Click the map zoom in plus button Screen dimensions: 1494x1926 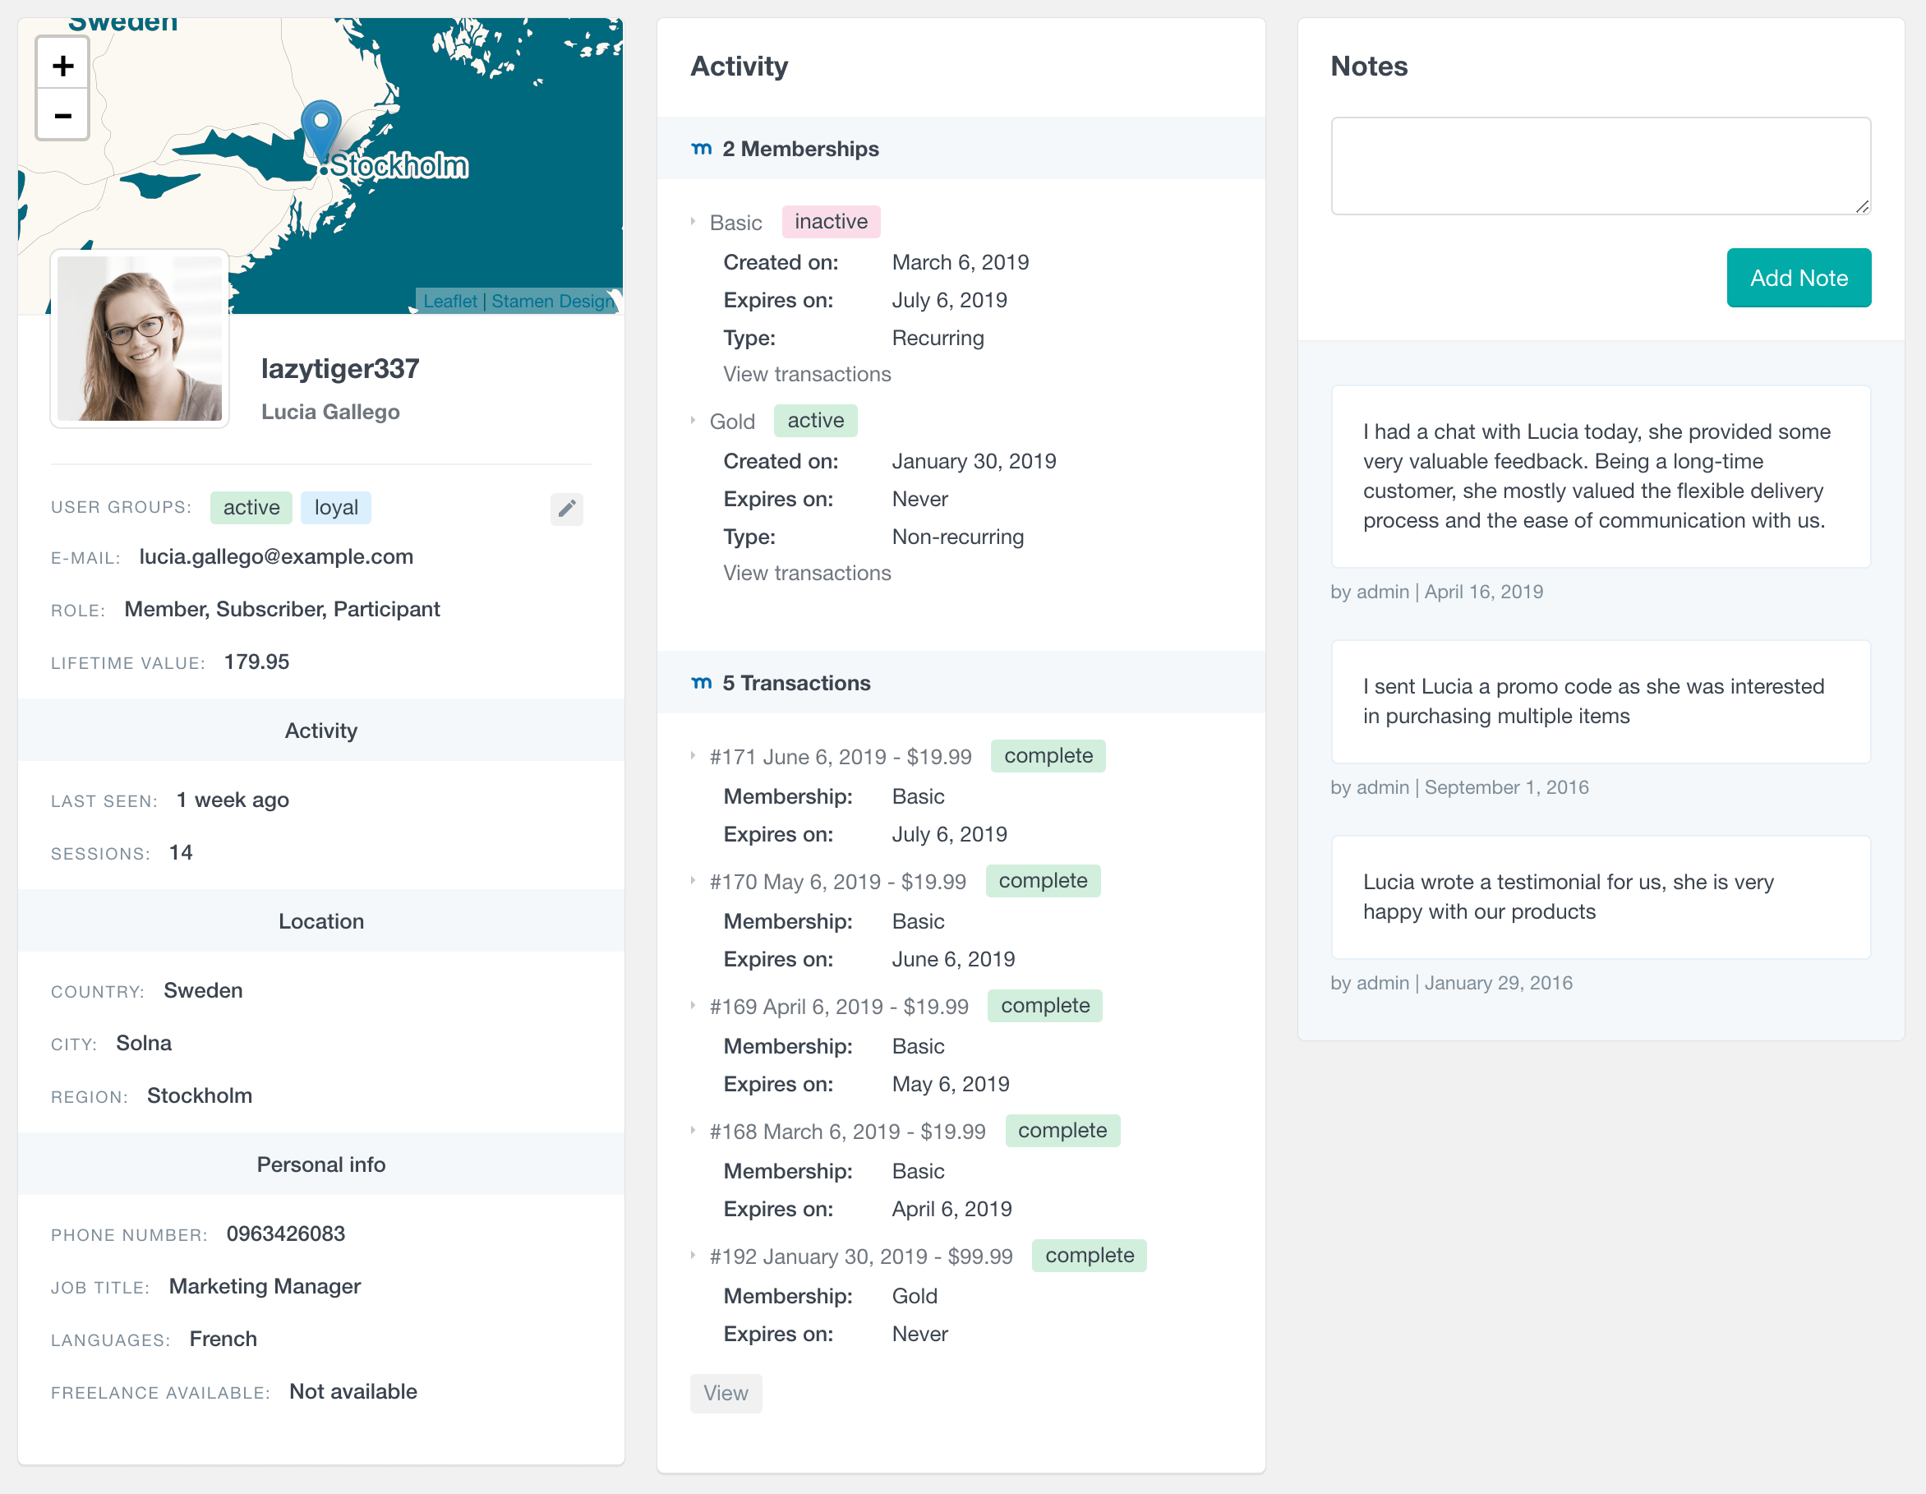click(62, 65)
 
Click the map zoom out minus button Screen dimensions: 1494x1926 click(62, 116)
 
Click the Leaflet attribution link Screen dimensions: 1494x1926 click(449, 302)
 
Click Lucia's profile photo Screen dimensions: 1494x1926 click(140, 339)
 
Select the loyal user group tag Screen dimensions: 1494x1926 click(336, 508)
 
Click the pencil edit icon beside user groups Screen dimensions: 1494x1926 click(567, 509)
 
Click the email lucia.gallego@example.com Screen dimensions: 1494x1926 click(276, 557)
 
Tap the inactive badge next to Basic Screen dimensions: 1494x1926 click(831, 222)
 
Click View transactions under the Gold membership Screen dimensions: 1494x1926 click(807, 574)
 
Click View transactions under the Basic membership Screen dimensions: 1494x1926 click(807, 375)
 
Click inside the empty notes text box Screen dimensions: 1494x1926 click(1601, 166)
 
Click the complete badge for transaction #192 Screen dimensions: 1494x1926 click(1089, 1256)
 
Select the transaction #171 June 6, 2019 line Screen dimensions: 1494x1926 click(841, 758)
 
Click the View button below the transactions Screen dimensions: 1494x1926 click(726, 1394)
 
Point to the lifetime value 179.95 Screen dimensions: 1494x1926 click(256, 662)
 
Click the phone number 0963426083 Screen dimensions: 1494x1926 click(286, 1233)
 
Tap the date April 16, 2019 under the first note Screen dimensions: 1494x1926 click(1483, 592)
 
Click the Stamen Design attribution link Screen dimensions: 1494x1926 click(552, 302)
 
